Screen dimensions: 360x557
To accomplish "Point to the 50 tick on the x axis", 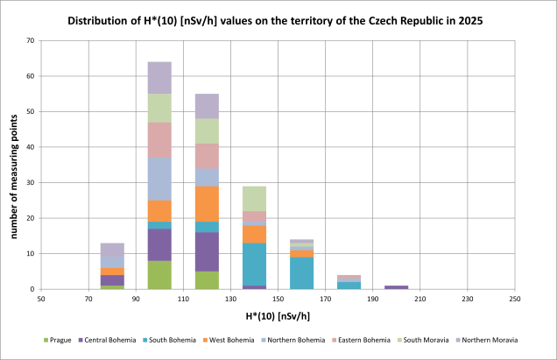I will (41, 300).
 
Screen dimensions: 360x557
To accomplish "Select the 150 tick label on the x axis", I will (278, 300).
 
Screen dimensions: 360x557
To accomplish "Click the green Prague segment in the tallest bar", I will (159, 275).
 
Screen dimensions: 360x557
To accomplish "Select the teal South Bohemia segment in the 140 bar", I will (254, 264).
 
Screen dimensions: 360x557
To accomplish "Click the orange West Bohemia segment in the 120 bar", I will (207, 204).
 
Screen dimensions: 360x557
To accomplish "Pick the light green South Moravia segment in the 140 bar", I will (254, 199).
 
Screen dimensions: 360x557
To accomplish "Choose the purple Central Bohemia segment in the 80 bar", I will (112, 280).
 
